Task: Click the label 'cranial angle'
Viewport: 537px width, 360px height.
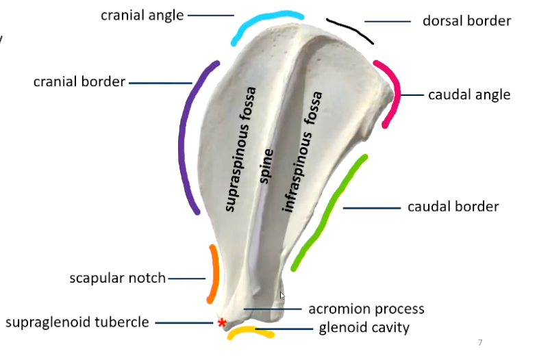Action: point(142,14)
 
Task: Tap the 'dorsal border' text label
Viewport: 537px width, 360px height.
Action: point(466,21)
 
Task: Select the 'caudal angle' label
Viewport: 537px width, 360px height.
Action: point(469,94)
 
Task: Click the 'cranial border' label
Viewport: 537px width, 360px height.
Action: point(79,82)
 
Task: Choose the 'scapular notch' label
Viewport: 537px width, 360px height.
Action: point(117,278)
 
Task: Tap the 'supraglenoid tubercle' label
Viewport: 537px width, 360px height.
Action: point(77,322)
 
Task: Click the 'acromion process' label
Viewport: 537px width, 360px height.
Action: point(366,309)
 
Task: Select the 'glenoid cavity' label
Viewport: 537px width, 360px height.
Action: point(364,328)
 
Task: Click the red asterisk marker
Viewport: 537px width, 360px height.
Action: point(221,322)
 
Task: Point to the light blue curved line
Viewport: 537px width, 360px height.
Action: point(260,22)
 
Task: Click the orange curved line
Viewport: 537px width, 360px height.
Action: point(213,274)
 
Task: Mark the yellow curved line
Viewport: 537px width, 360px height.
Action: point(251,333)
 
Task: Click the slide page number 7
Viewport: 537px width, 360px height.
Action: point(479,342)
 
